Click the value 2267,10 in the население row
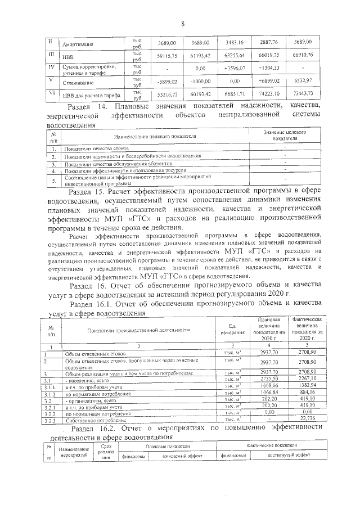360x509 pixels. click(x=307, y=379)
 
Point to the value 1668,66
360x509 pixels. click(x=269, y=386)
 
